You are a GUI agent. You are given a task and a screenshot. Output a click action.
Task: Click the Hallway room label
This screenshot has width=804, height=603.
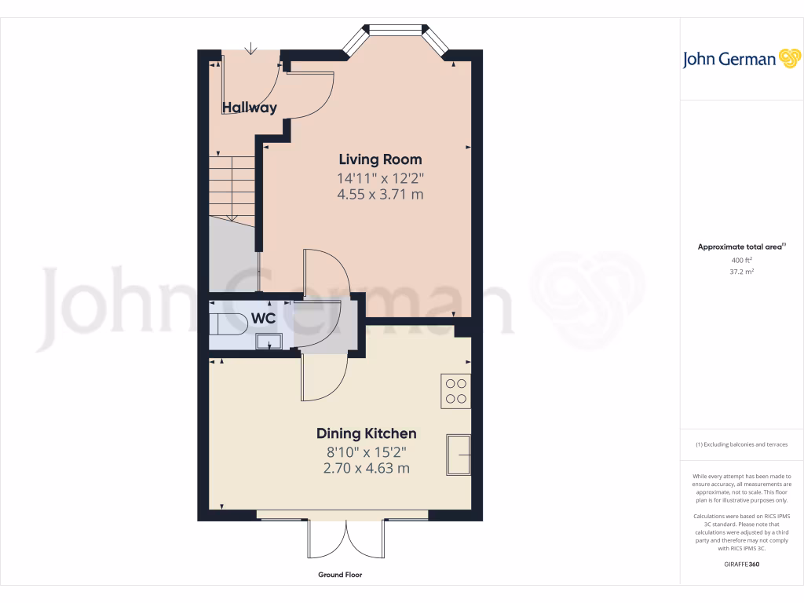tap(250, 108)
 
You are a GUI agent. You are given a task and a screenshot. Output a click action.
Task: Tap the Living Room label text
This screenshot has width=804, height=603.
tap(380, 159)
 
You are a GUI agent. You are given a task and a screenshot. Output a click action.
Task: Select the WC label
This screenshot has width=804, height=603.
tap(263, 320)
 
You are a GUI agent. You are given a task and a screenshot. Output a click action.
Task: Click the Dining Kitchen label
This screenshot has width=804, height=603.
tap(366, 433)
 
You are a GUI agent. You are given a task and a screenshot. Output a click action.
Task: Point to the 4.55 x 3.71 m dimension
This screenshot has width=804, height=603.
tap(380, 194)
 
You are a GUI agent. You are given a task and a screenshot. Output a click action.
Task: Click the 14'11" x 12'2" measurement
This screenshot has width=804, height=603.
tap(380, 177)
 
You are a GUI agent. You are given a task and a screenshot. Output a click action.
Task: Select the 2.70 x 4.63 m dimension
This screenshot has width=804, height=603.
tap(366, 469)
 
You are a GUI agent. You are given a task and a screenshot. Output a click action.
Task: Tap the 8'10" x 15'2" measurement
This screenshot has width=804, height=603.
tap(366, 451)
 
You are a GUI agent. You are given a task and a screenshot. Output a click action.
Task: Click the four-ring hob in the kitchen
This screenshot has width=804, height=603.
tap(456, 391)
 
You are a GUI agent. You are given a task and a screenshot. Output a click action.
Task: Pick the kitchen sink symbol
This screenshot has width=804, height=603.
tap(459, 454)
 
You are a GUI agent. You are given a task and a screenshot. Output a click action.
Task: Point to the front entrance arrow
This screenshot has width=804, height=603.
tap(250, 49)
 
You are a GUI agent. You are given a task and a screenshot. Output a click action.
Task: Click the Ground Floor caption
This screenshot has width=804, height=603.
tap(340, 575)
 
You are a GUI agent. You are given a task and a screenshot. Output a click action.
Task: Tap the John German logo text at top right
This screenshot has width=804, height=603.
tap(729, 60)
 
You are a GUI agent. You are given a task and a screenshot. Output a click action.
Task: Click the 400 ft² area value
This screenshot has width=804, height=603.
tap(742, 260)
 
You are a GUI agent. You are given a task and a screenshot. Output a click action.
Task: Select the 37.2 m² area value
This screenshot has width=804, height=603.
tap(742, 272)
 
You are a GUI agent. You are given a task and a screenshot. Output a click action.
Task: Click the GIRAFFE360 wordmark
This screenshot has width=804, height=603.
tap(741, 564)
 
